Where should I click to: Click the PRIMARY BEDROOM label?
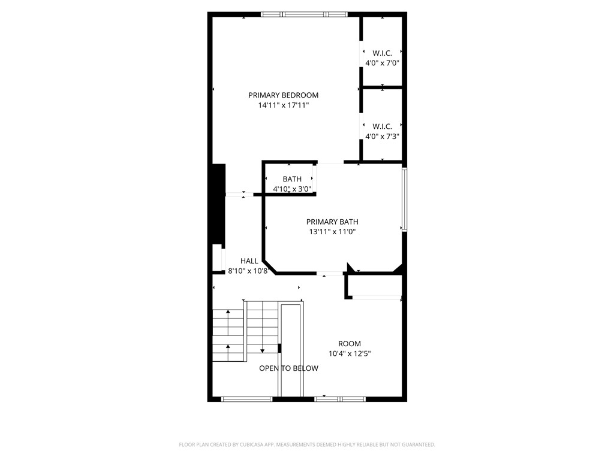[x=283, y=95]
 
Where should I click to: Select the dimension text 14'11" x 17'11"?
[x=283, y=105]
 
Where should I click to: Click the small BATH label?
[x=292, y=179]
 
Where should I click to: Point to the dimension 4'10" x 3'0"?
[x=292, y=189]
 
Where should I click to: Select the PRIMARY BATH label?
[x=332, y=222]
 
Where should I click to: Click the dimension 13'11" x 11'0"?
[x=332, y=232]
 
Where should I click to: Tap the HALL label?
[x=249, y=261]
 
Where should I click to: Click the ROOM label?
[x=350, y=344]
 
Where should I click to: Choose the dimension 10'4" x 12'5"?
[x=350, y=354]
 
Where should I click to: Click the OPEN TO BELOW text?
[x=288, y=368]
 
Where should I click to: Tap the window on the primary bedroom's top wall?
[x=304, y=14]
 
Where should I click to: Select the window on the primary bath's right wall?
[x=405, y=200]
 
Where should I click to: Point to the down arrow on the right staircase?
[x=262, y=349]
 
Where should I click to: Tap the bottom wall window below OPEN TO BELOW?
[x=247, y=398]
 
